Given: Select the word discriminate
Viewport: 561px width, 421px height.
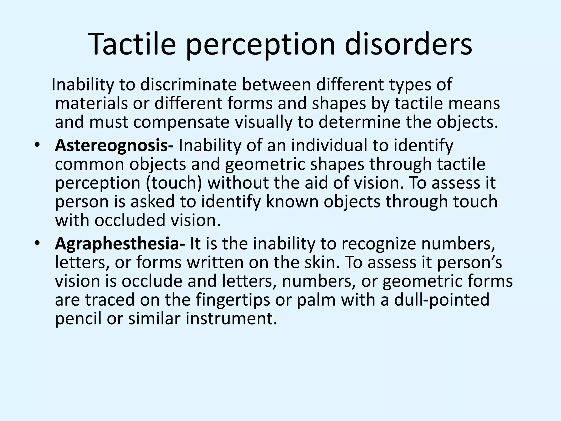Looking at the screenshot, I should click(188, 85).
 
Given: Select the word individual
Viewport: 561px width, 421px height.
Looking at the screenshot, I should click(329, 146).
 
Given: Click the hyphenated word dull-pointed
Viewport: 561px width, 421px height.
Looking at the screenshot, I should click(442, 300).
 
